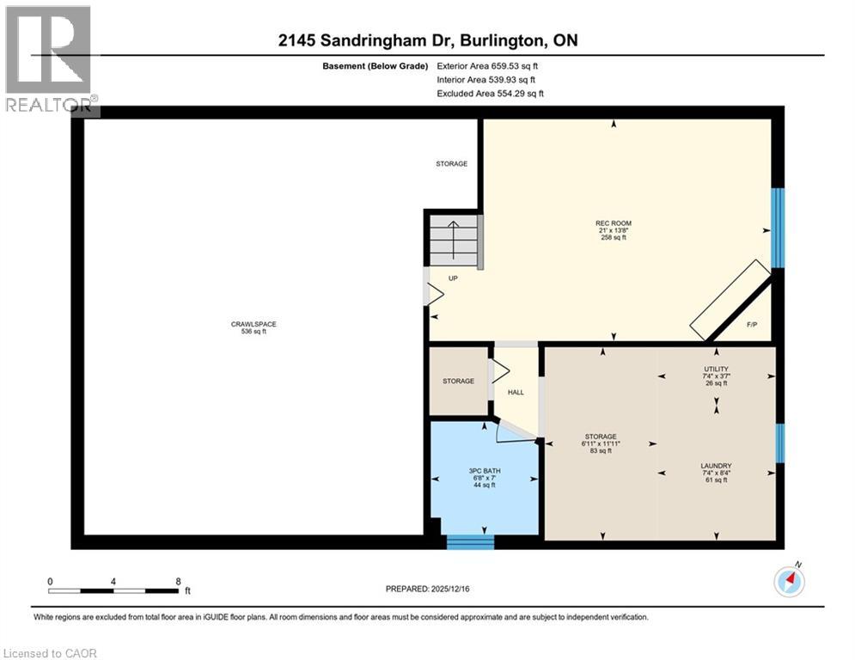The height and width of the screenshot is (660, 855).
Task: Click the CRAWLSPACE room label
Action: click(x=253, y=324)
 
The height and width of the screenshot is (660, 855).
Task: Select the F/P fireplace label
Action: click(x=752, y=324)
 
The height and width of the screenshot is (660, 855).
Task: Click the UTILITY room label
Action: click(x=715, y=369)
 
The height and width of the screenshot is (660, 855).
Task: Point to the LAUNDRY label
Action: click(x=715, y=466)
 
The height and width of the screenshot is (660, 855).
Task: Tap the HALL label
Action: click(x=516, y=392)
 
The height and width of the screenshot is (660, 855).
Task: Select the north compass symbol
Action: click(x=788, y=582)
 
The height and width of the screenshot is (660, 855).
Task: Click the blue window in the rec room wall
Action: click(x=778, y=229)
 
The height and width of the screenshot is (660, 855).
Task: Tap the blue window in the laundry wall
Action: click(x=779, y=443)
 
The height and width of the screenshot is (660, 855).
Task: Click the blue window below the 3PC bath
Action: click(x=471, y=541)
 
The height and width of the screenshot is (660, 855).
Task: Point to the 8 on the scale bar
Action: click(x=178, y=581)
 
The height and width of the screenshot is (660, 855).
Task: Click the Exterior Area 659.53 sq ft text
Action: click(x=487, y=65)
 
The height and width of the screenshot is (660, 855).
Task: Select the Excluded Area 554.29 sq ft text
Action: click(x=490, y=94)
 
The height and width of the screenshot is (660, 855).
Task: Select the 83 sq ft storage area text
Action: click(x=599, y=450)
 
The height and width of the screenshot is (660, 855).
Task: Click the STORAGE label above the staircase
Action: click(x=451, y=163)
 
